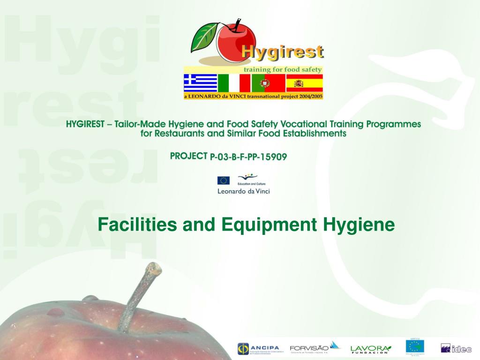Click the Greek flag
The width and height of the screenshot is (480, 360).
(x=200, y=83)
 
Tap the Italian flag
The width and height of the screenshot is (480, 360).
(x=234, y=83)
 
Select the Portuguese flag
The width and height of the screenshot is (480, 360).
(x=268, y=83)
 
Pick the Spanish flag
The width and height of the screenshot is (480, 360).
(x=304, y=83)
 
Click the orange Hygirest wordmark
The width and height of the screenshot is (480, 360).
(x=282, y=52)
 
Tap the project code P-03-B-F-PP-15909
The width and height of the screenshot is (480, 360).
(x=248, y=157)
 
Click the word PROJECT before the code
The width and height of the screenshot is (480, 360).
(x=188, y=156)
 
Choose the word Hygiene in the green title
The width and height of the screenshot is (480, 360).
(x=359, y=225)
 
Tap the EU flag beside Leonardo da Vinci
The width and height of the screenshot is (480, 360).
(x=223, y=180)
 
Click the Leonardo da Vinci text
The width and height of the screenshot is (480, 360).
(x=243, y=191)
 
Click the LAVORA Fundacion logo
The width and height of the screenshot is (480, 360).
(x=370, y=348)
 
